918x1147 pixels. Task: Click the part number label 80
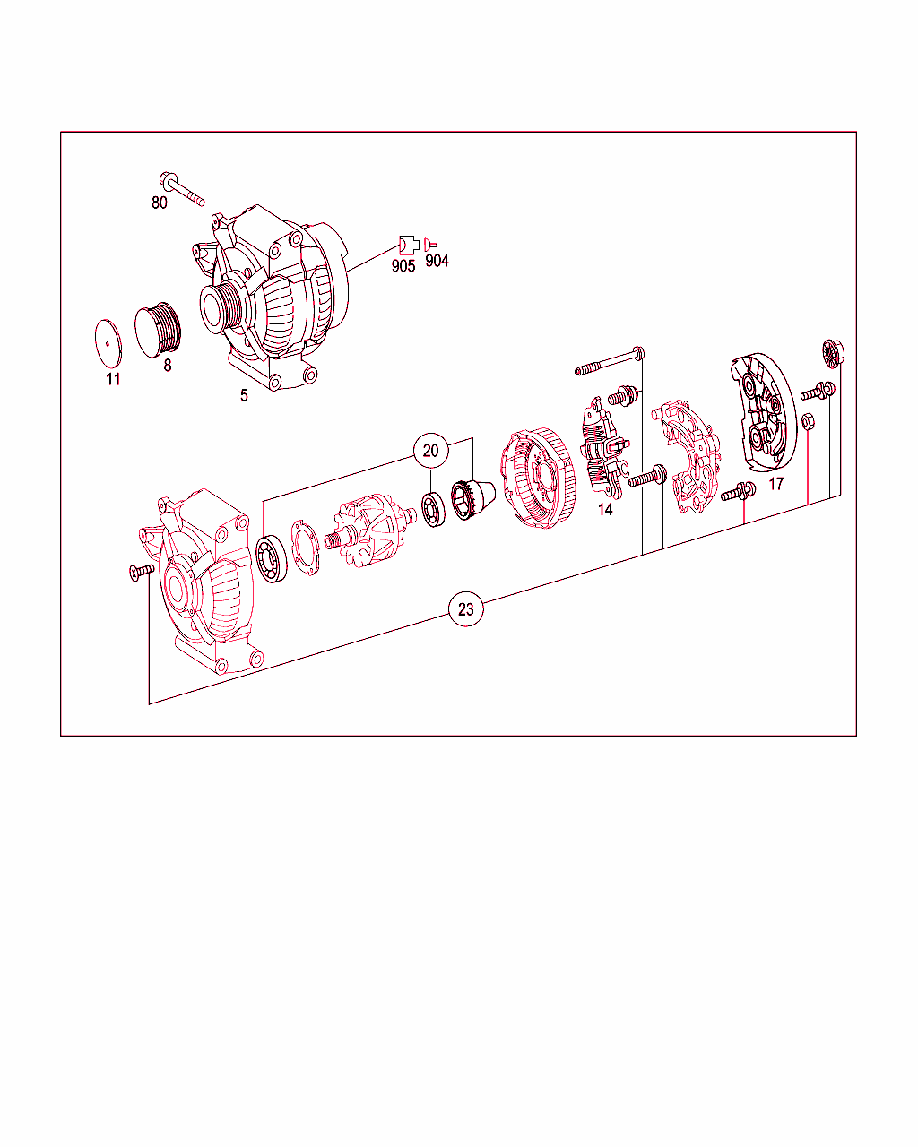(159, 203)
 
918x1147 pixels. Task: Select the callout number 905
(403, 266)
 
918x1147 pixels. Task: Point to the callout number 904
(437, 261)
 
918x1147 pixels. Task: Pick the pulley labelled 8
(161, 328)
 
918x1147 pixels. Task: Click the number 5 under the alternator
(244, 394)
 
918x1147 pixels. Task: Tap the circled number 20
(431, 451)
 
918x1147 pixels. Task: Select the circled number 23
(466, 610)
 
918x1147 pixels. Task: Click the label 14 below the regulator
(605, 509)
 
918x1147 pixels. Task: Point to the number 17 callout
(776, 484)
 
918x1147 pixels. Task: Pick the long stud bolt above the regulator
(610, 361)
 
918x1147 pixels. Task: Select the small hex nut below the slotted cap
(807, 420)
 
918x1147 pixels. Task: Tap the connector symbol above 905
(408, 243)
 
